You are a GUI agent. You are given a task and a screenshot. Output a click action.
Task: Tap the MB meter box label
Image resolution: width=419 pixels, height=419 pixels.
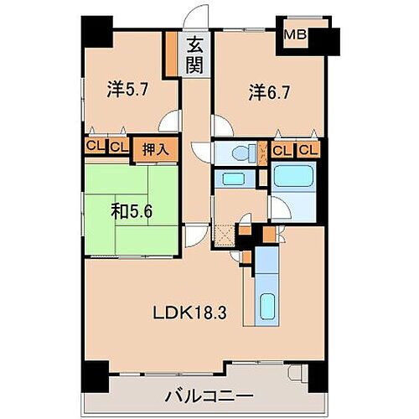(x=294, y=35)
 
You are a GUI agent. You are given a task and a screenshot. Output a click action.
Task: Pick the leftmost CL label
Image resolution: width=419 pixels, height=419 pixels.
(x=93, y=149)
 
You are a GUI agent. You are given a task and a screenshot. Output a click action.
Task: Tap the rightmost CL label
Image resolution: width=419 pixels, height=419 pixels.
(x=308, y=151)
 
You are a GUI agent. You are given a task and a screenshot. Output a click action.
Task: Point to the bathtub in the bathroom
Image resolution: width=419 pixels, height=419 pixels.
(x=293, y=177)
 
